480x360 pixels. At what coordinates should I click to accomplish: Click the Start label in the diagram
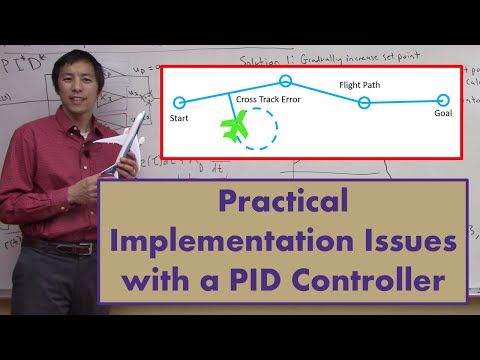click(179, 117)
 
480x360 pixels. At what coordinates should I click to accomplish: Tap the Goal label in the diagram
click(443, 114)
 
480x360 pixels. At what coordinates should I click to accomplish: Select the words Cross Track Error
click(268, 99)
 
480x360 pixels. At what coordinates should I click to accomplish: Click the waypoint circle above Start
click(179, 102)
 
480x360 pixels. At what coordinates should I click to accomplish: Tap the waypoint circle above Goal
click(443, 99)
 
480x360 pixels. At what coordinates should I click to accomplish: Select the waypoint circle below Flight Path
click(364, 103)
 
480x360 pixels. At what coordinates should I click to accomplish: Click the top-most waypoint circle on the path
click(285, 80)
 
